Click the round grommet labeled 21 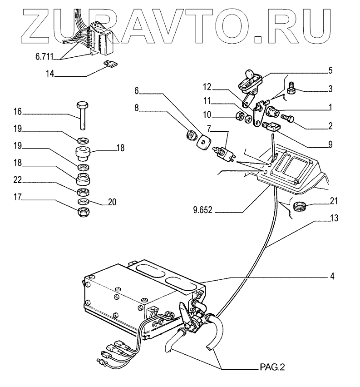click(x=299, y=207)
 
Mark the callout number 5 click(x=330, y=70)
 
